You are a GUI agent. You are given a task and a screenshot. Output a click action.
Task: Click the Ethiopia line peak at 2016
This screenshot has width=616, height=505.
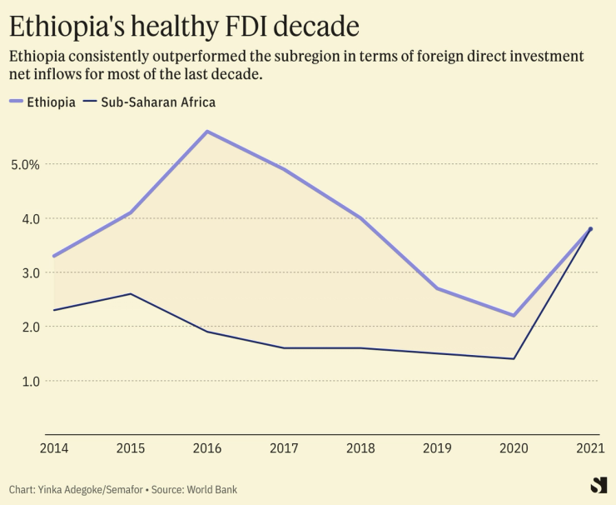pyautogui.click(x=206, y=132)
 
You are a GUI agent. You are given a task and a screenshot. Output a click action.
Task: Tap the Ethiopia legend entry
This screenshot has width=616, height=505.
pyautogui.click(x=42, y=102)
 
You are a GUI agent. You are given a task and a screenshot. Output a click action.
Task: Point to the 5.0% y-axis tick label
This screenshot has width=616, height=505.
pyautogui.click(x=25, y=164)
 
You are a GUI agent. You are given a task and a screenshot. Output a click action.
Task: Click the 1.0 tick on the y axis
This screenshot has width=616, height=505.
pyautogui.click(x=28, y=381)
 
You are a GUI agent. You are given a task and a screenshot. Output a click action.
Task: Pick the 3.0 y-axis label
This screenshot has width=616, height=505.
pyautogui.click(x=28, y=272)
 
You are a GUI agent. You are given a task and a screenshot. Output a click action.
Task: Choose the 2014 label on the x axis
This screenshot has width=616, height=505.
pyautogui.click(x=53, y=448)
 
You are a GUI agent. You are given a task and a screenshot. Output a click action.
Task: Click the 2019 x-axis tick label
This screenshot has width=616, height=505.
pyautogui.click(x=437, y=448)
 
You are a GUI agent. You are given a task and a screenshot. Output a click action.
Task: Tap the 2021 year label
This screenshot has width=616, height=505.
pyautogui.click(x=590, y=448)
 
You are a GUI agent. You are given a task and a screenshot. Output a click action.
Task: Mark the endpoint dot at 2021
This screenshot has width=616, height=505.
pyautogui.click(x=590, y=229)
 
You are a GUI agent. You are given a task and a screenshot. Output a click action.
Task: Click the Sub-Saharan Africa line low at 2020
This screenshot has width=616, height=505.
pyautogui.click(x=514, y=358)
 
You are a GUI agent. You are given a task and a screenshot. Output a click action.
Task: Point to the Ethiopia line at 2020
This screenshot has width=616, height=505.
pyautogui.click(x=514, y=315)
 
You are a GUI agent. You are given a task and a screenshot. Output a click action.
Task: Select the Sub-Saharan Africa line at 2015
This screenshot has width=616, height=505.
pyautogui.click(x=130, y=294)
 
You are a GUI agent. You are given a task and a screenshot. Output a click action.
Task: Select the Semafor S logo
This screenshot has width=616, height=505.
pyautogui.click(x=598, y=485)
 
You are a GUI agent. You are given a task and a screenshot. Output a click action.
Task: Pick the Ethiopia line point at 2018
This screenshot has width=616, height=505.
pyautogui.click(x=360, y=218)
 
